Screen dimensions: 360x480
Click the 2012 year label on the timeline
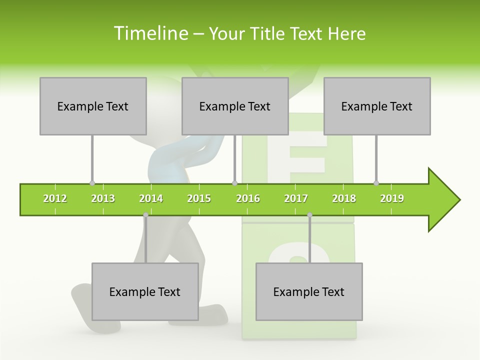point(55,198)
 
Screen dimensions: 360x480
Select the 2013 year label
point(103,198)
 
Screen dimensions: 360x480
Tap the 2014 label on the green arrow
point(151,198)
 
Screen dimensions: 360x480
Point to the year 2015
point(199,198)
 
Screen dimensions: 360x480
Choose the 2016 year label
point(248,198)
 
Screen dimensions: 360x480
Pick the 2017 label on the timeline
point(296,198)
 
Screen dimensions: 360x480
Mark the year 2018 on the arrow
point(344,198)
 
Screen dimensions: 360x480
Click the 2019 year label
point(392,198)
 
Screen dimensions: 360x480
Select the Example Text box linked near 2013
point(93,106)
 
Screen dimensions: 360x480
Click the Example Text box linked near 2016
point(235,106)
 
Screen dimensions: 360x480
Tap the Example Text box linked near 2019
point(377,106)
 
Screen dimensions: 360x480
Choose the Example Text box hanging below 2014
point(145,291)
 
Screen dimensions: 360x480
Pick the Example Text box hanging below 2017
point(309,291)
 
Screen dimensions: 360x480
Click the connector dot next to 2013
point(92,183)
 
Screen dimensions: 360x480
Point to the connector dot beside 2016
point(234,183)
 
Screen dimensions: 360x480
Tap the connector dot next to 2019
point(376,183)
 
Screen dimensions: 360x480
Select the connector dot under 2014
point(145,215)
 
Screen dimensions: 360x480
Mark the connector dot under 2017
point(309,215)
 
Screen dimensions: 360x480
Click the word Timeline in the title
point(150,33)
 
